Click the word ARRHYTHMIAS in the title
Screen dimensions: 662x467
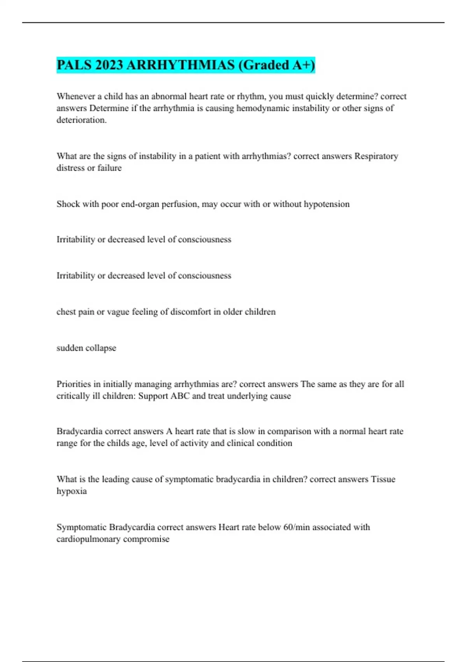pos(180,65)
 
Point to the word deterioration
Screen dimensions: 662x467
pos(81,120)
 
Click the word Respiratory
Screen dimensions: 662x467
pos(376,156)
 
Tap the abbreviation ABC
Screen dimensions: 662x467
pos(180,396)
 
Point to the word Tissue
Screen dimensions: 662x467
pos(383,479)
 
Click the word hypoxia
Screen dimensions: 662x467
pos(72,491)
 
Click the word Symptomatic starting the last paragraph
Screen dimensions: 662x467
pos(81,527)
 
